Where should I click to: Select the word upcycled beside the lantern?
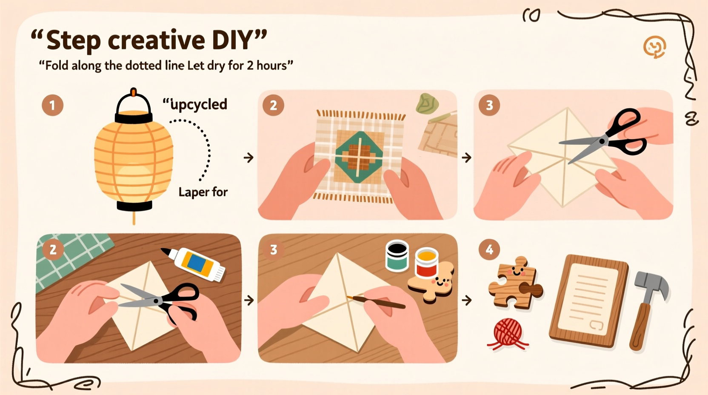[198, 104]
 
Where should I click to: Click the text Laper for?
[203, 192]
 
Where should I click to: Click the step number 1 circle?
[52, 105]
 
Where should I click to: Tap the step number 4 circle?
[489, 249]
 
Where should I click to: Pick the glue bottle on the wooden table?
[197, 264]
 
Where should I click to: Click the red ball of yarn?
[508, 332]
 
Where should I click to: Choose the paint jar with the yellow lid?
[427, 263]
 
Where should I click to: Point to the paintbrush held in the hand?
[376, 302]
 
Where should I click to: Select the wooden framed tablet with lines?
[589, 300]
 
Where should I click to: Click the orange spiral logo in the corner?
[654, 47]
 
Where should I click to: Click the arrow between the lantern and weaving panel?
[248, 158]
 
